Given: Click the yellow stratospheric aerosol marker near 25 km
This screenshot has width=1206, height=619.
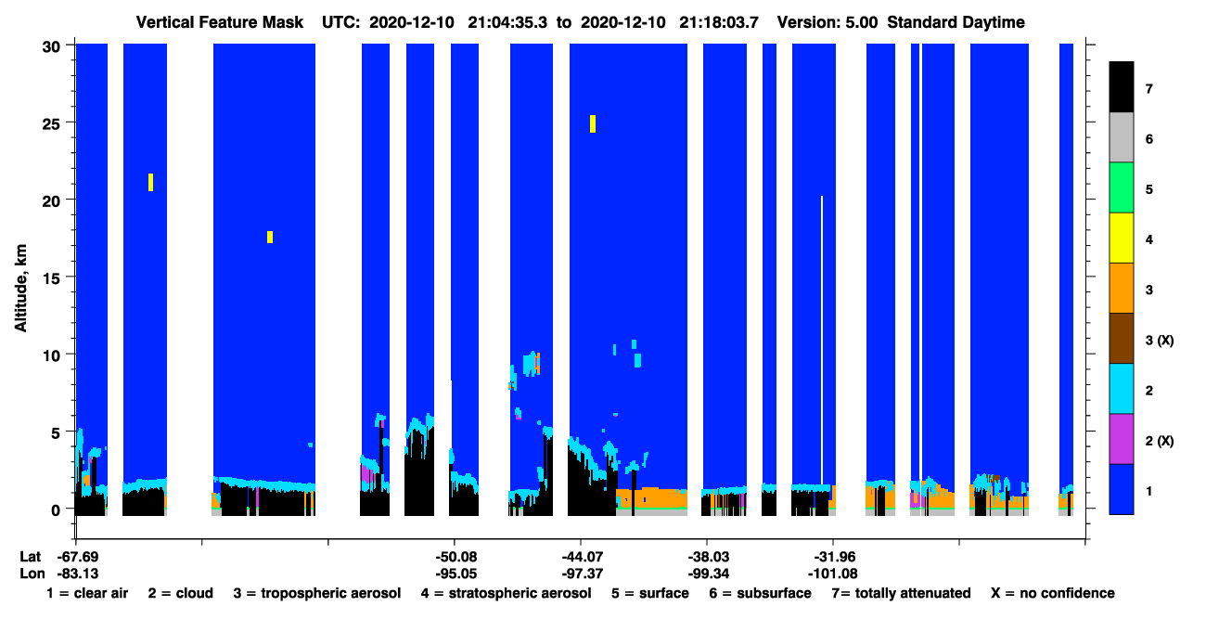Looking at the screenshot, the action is coord(592,123).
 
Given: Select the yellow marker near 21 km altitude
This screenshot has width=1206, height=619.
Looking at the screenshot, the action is coord(150,182).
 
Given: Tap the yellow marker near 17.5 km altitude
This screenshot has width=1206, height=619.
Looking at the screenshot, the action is coord(270,237).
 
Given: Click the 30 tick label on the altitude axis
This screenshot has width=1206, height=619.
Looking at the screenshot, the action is coord(52,47).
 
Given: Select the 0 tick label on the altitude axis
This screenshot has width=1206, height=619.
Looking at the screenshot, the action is coord(56,510).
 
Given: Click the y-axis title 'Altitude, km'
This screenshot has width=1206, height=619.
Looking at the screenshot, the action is coord(20,289).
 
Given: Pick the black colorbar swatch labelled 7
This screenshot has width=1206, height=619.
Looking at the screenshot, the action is coord(1122,86).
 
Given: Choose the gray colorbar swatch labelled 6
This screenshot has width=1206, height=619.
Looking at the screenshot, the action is coord(1122,137).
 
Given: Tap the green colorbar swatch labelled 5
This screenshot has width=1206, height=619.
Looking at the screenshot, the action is coord(1122,187).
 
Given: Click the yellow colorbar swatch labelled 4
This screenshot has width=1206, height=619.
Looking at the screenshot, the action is coord(1122,238).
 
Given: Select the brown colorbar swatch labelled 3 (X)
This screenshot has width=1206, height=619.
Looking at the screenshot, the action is coord(1122,339).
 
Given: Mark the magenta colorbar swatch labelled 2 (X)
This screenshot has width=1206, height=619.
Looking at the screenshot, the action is coord(1122,439).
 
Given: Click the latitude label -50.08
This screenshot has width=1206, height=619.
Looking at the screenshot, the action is coord(456,557).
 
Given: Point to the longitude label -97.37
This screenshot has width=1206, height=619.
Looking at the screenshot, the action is coord(582,574).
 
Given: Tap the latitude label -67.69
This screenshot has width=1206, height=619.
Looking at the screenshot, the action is coord(78,557).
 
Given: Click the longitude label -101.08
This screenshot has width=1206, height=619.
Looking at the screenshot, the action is coord(832,574).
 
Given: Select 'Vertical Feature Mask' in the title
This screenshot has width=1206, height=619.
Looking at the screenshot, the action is coord(220,22).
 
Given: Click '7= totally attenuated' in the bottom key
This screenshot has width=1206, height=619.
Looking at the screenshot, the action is coord(901,593).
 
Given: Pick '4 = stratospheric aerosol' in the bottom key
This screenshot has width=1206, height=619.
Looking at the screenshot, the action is coord(506,593).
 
